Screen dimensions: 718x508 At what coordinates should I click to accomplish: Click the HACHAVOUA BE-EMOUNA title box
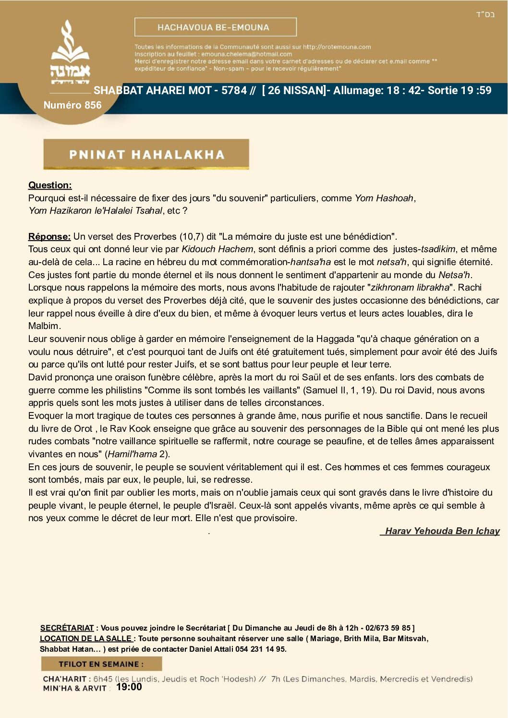[x=215, y=27]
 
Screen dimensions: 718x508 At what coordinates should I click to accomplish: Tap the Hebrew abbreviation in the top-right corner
[x=485, y=14]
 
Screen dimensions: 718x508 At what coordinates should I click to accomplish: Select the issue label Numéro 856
[x=73, y=105]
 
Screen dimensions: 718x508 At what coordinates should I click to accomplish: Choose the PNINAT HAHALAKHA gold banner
[x=146, y=154]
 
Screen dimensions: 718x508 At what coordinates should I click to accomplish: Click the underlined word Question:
[x=50, y=185]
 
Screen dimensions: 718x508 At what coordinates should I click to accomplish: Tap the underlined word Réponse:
[x=49, y=237]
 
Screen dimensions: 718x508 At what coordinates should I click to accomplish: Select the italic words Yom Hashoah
[x=384, y=198]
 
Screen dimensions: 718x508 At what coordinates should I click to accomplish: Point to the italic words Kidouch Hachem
[x=217, y=249]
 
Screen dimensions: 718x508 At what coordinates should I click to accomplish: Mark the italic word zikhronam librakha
[x=410, y=288]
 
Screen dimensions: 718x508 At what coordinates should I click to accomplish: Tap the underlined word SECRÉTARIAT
[x=67, y=628]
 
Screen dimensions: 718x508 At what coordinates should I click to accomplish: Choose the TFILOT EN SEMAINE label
[x=101, y=664]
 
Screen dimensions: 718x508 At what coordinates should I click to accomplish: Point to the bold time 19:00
[x=129, y=687]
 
